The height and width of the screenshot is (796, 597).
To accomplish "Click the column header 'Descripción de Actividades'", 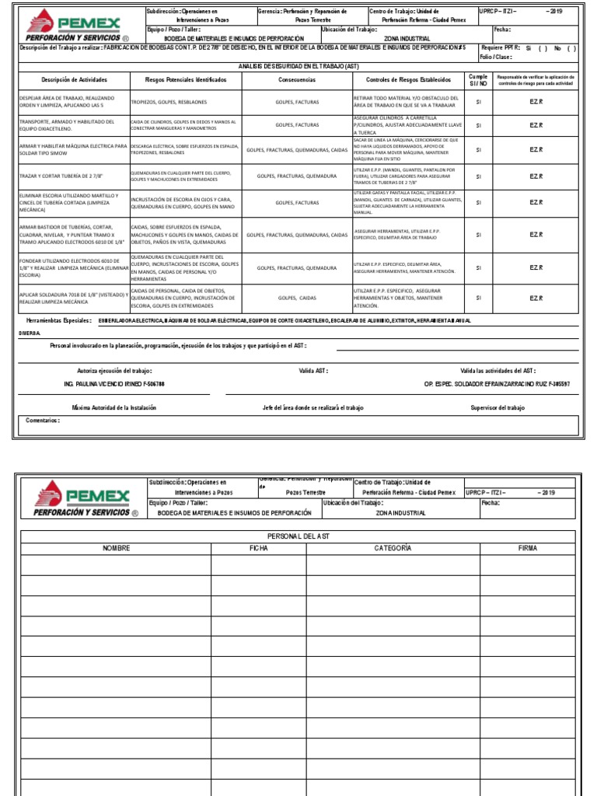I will [74, 80].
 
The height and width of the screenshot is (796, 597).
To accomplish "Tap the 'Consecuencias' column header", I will [296, 80].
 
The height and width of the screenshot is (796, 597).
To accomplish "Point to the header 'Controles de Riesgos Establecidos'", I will [407, 80].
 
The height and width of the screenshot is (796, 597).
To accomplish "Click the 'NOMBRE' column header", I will [116, 548].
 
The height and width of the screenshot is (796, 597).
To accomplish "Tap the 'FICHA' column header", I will [259, 548].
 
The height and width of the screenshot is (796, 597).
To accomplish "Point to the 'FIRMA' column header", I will [528, 548].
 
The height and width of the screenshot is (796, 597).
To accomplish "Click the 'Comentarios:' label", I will [43, 421].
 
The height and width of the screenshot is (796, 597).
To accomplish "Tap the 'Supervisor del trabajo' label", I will [497, 407].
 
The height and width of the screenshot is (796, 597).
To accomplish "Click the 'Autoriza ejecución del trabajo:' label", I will [114, 371].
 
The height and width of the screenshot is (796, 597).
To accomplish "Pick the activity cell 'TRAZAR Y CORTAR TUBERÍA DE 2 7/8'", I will [60, 176].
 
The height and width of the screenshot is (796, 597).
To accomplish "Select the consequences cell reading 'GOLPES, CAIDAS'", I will [296, 298].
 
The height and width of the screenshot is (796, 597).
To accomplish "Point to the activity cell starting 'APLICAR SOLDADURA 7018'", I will [72, 298].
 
